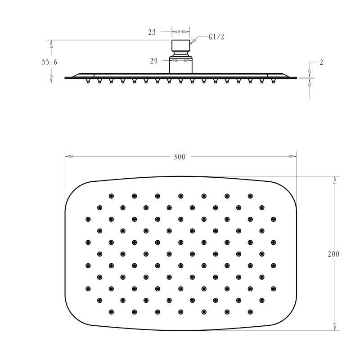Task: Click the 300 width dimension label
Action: click(180, 157)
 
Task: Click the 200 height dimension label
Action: click(333, 254)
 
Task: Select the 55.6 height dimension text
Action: click(49, 62)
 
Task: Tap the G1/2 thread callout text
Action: click(216, 37)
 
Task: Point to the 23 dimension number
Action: click(152, 32)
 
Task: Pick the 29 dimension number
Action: click(153, 60)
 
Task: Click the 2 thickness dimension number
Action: click(321, 63)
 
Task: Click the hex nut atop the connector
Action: click(181, 47)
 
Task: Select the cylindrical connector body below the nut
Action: click(181, 65)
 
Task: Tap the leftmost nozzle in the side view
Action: click(87, 81)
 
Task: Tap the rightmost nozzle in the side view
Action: click(274, 81)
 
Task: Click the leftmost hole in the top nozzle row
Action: click(111, 196)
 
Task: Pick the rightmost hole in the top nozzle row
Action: click(250, 196)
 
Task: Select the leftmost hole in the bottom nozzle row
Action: click(111, 311)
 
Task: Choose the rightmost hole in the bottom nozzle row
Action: click(250, 311)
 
